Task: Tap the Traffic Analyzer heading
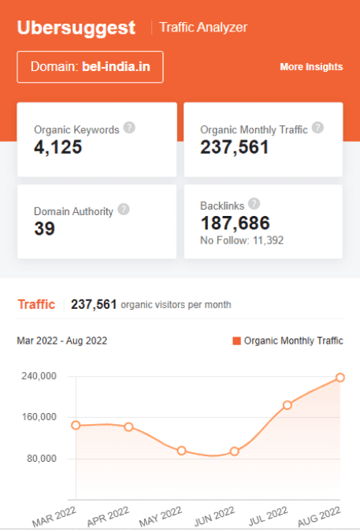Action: [x=203, y=28]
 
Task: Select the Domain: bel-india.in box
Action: [x=90, y=67]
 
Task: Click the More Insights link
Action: [x=311, y=67]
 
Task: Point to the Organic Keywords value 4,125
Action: [x=58, y=147]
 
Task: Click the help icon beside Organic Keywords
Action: [x=129, y=128]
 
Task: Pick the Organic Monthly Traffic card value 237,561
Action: [x=235, y=147]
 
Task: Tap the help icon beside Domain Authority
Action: [x=124, y=210]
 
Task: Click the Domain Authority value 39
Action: [x=44, y=229]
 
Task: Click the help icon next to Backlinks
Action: [x=254, y=203]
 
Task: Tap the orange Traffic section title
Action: [x=36, y=304]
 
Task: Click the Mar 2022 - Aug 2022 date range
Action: [x=62, y=341]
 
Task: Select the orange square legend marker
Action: [x=236, y=341]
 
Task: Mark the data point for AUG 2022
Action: [x=340, y=378]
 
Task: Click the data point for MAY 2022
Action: [x=182, y=451]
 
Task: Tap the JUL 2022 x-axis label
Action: [x=267, y=516]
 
